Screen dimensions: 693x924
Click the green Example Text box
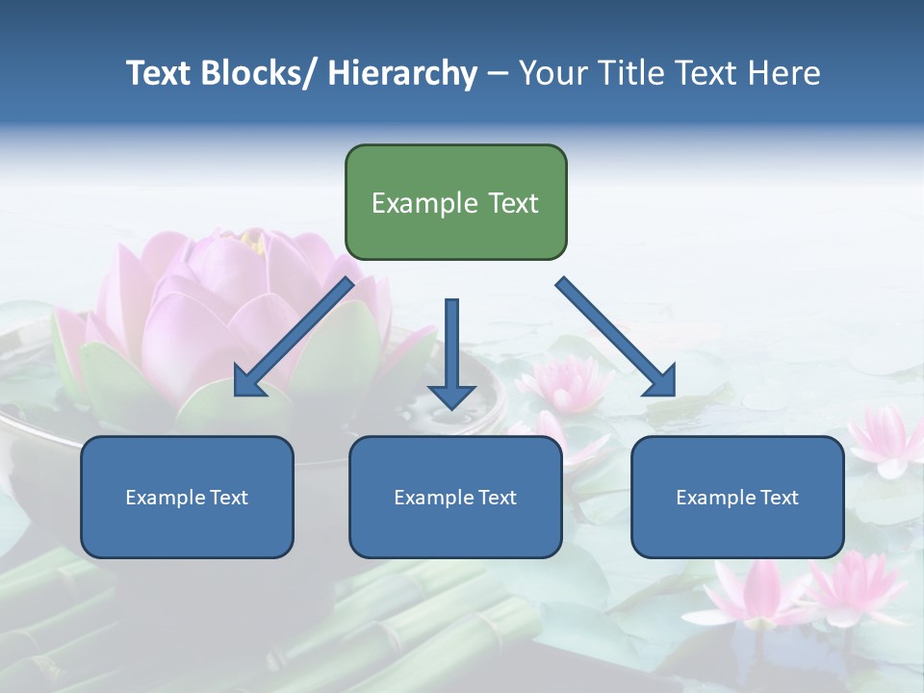(x=455, y=202)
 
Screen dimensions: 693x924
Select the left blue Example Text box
(x=187, y=497)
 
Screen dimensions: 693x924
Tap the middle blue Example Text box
(x=455, y=497)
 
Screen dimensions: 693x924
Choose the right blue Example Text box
(x=737, y=497)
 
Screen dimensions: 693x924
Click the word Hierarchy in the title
(x=402, y=73)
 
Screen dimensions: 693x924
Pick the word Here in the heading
(x=784, y=73)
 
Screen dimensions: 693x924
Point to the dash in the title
(x=498, y=73)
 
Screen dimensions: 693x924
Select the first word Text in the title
(x=161, y=73)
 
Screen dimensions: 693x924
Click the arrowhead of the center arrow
(x=451, y=395)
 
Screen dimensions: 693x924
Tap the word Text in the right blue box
(x=780, y=497)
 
